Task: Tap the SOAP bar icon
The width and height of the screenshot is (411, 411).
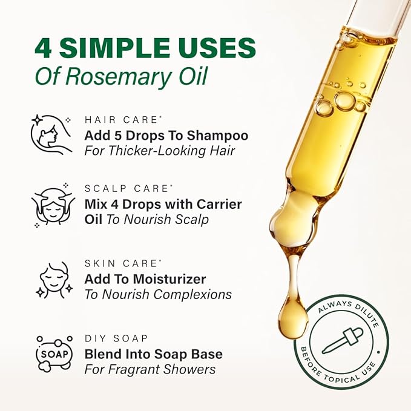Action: click(54, 353)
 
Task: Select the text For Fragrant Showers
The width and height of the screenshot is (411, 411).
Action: click(150, 369)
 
